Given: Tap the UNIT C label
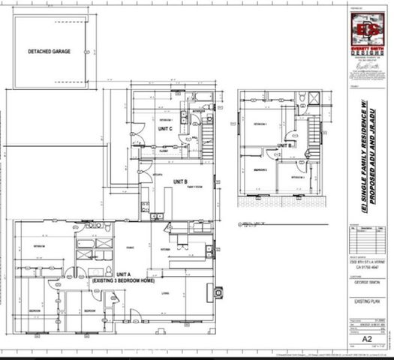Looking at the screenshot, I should (167, 128).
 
